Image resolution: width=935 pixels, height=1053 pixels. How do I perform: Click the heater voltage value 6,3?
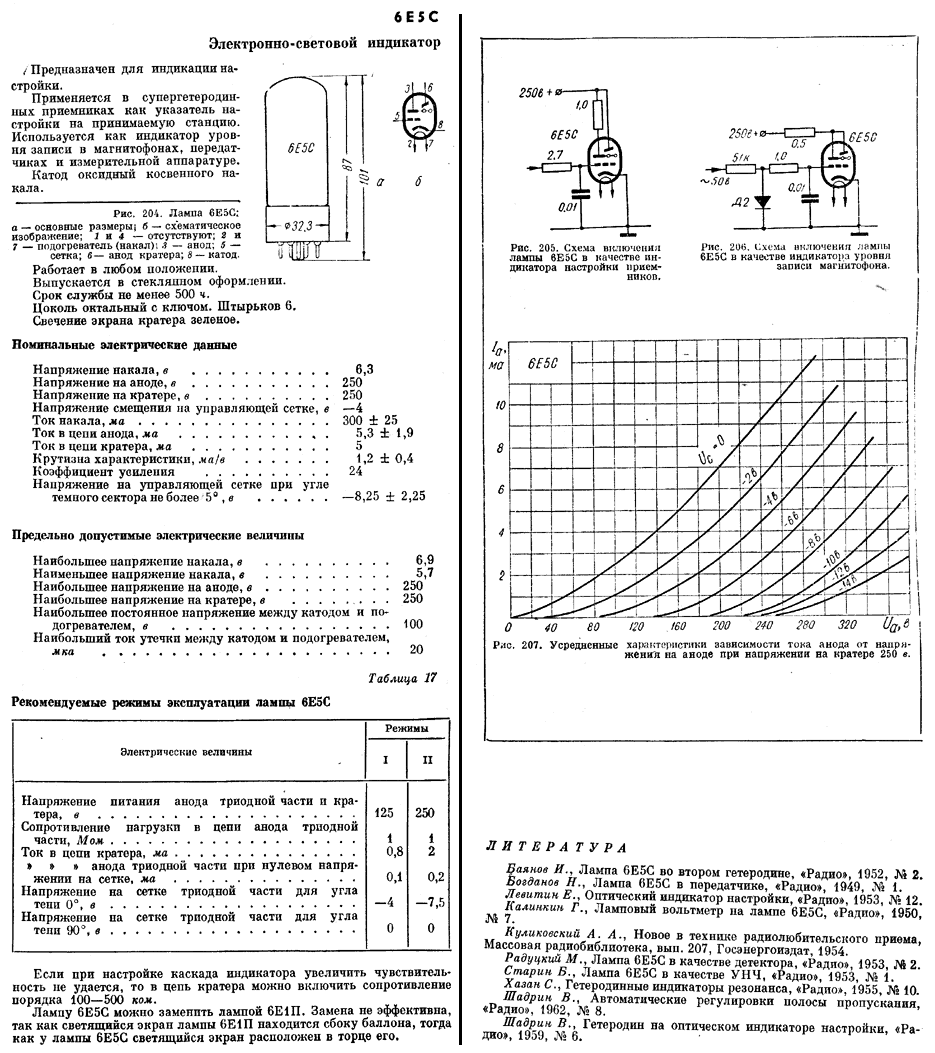point(364,369)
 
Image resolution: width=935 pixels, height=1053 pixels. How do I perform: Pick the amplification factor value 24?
point(355,470)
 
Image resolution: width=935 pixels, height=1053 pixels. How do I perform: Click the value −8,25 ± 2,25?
point(384,495)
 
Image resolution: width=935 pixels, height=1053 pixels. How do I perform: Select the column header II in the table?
point(428,759)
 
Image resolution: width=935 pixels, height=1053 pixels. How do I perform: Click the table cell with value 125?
point(383,812)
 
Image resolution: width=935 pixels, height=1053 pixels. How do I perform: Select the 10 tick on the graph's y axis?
point(502,406)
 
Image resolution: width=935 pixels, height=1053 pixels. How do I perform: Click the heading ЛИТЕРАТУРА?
point(555,847)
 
